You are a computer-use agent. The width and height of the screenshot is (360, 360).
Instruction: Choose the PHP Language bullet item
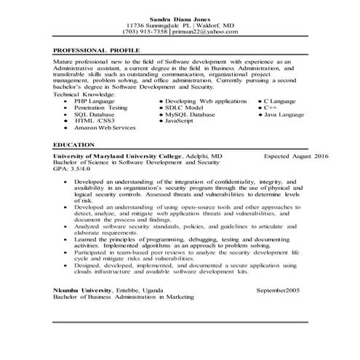click(x=95, y=100)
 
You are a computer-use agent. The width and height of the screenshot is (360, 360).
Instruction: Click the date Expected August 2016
click(x=296, y=156)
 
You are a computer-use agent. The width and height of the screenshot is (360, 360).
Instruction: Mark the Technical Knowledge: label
click(x=84, y=94)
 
